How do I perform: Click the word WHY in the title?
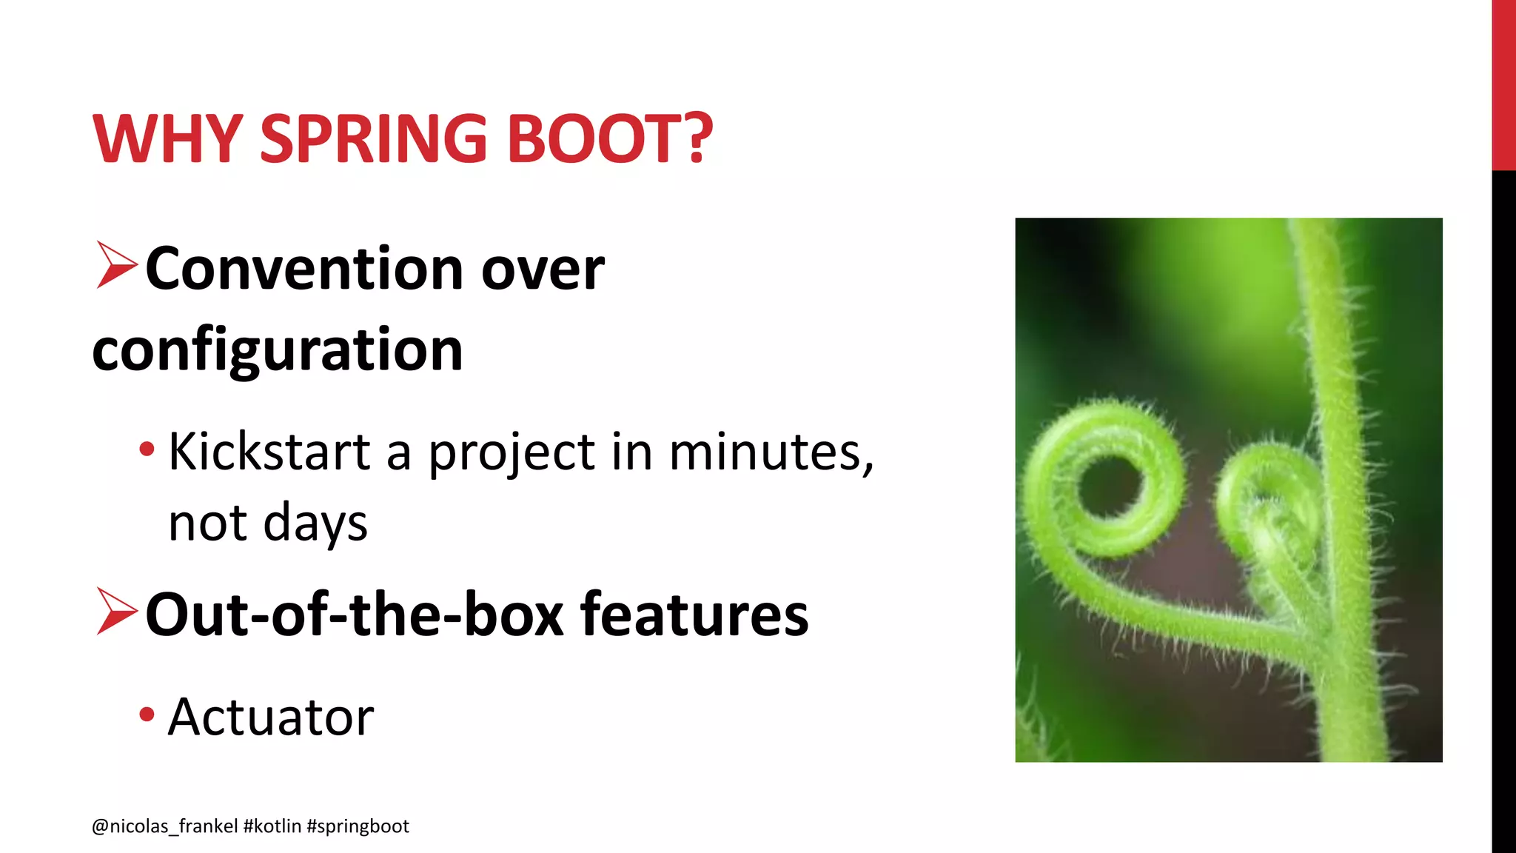pos(167,138)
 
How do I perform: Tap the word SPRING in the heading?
pos(373,138)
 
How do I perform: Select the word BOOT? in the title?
pos(609,138)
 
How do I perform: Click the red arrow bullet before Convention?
pos(116,265)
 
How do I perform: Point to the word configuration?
pos(278,349)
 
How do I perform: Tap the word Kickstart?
pos(269,451)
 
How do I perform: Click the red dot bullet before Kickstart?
pos(147,449)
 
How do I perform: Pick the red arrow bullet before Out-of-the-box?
pos(116,612)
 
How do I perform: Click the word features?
pos(694,614)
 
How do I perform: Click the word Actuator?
pos(271,717)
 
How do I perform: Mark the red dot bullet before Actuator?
pos(147,715)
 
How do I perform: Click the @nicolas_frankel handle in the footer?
pos(164,826)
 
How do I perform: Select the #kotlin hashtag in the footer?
pos(272,826)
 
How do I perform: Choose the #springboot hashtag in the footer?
pos(358,826)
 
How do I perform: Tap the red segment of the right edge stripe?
pos(1503,85)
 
